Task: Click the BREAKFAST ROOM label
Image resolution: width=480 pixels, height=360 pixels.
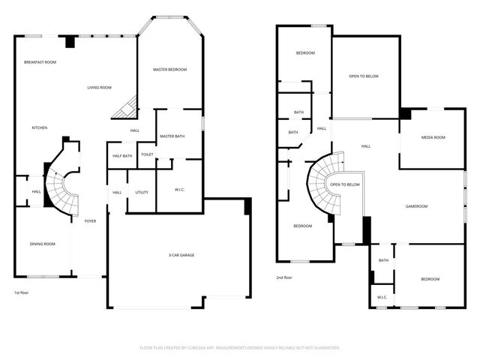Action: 40,62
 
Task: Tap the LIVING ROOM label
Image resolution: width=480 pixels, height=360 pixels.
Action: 99,88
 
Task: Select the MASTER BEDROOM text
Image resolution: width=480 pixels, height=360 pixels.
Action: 169,70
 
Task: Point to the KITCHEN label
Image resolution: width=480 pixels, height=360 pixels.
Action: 40,128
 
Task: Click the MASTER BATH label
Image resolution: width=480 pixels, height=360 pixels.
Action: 172,136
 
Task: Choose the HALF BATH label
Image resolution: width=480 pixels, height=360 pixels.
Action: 122,156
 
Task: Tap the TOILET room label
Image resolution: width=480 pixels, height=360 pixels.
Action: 147,154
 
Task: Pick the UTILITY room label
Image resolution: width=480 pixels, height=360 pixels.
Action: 142,192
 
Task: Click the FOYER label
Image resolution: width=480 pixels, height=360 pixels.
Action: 90,221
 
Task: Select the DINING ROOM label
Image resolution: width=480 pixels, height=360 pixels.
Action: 43,244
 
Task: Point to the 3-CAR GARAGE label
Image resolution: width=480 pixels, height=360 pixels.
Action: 181,255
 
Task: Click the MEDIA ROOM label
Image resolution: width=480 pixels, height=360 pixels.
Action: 433,137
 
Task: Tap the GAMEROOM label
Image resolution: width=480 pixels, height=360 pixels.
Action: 416,206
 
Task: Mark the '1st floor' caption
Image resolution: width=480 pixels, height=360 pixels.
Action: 22,292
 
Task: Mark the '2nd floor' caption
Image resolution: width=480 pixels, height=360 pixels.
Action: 284,277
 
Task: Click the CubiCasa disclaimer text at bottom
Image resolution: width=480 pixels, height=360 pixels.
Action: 240,348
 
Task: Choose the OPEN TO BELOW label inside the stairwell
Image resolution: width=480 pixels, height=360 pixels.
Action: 345,184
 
